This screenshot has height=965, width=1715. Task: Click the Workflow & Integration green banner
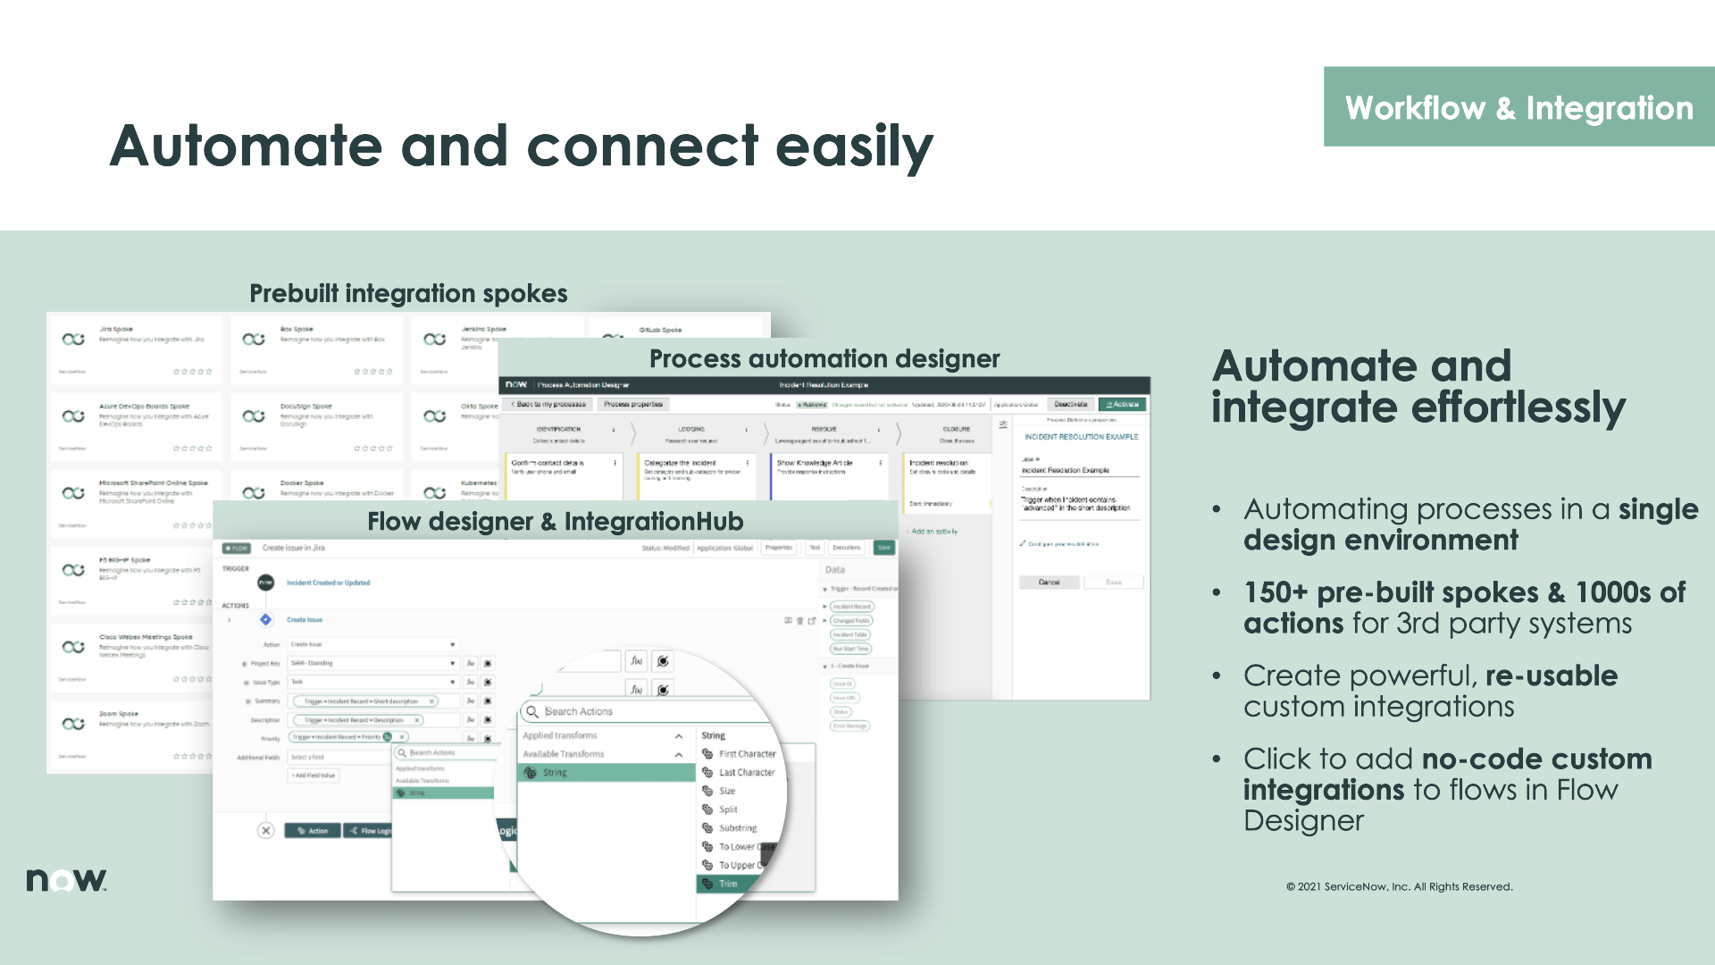pos(1518,107)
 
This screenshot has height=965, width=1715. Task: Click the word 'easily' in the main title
pos(854,147)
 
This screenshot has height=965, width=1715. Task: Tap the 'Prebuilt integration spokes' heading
pos(408,293)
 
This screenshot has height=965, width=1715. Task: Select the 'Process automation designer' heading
pos(824,358)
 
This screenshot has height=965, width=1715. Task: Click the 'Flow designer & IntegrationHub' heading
pos(555,521)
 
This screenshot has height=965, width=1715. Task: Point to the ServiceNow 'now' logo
pos(66,880)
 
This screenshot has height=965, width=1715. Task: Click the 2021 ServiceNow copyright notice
pos(1399,886)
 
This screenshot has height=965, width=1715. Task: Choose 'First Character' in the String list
pos(747,753)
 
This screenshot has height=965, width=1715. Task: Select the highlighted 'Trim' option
pos(729,884)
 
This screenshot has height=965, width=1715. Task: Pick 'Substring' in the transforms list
pos(738,828)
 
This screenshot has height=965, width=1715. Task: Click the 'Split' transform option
pos(728,810)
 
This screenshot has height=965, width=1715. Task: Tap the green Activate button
pos(1122,404)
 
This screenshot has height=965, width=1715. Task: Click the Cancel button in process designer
pos(1049,582)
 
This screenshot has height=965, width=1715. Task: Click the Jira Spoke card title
pos(116,329)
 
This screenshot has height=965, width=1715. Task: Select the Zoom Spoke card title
pos(119,714)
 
